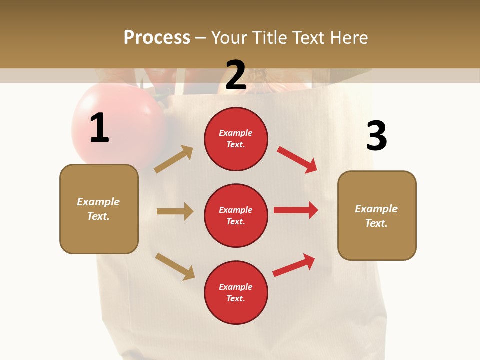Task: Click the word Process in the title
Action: (x=157, y=38)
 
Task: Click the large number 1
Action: (x=99, y=128)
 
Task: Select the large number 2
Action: (x=236, y=75)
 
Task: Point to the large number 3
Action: (x=376, y=136)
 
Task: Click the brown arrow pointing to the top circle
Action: (x=174, y=159)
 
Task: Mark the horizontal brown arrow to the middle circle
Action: (x=175, y=211)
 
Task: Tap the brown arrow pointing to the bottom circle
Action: (x=175, y=266)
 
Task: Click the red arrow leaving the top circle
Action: (x=297, y=159)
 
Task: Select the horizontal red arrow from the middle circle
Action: (x=296, y=210)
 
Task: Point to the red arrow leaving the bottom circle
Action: (x=294, y=265)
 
